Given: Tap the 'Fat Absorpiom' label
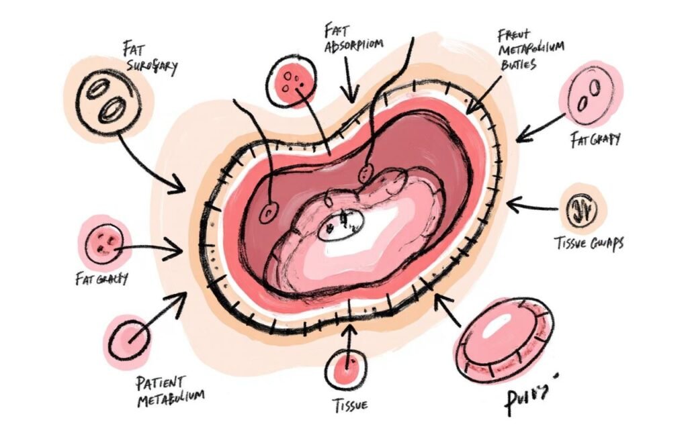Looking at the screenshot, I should pos(353,38).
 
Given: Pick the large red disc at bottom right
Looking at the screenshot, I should pos(503,340).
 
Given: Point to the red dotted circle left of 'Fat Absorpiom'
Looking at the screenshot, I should pos(293,81).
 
